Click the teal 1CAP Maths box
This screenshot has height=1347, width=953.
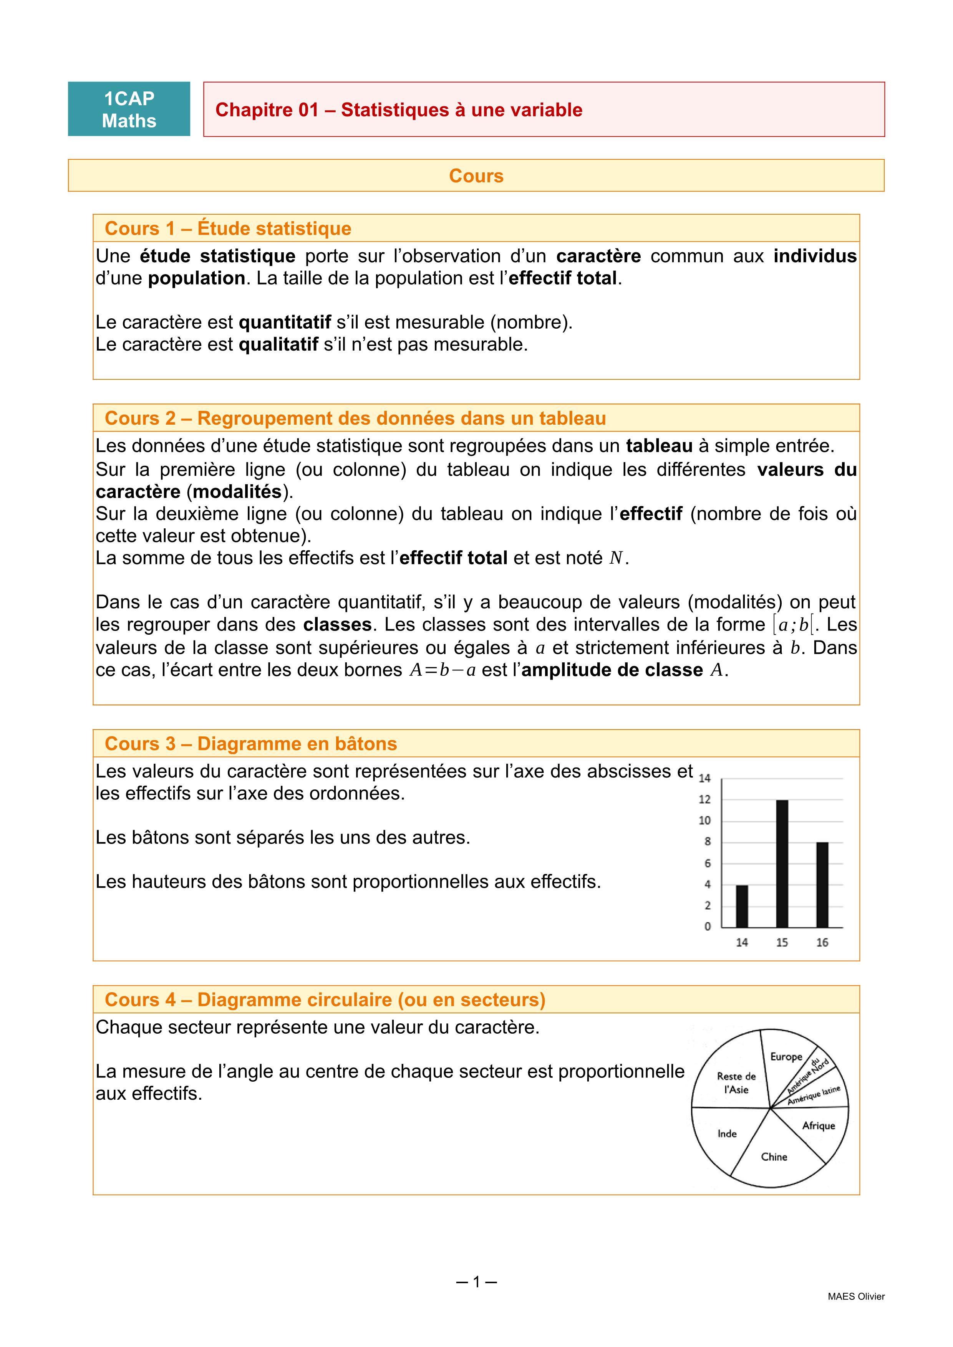tap(129, 109)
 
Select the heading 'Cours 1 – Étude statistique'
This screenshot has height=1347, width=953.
tap(228, 228)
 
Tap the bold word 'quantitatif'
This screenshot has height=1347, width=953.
tap(285, 322)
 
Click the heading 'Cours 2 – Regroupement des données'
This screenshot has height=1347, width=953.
tap(355, 418)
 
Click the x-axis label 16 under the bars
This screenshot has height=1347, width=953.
tap(822, 942)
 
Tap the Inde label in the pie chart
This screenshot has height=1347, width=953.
tap(727, 1134)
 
